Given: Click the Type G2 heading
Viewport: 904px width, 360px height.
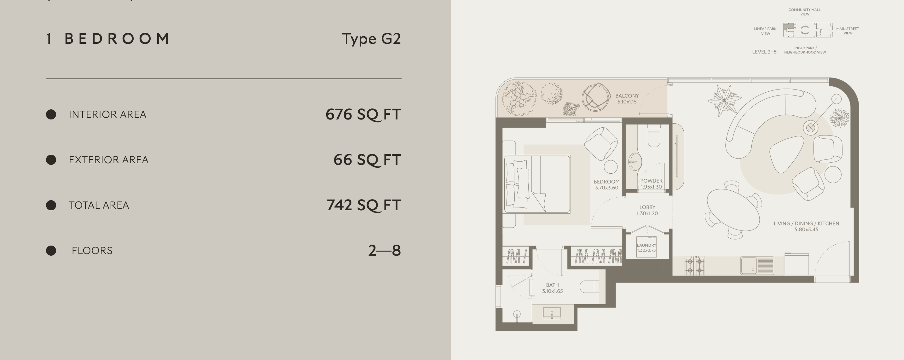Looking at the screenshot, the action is point(371,38).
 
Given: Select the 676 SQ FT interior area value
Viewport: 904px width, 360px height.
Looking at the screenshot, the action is point(363,114).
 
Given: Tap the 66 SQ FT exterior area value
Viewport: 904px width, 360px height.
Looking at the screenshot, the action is point(367,160).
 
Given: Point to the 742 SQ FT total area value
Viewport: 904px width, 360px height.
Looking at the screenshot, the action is point(363,205).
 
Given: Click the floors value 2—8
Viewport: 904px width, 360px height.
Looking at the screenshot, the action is point(384,251).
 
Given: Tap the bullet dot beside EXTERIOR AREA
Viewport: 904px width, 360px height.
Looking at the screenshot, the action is point(51,160).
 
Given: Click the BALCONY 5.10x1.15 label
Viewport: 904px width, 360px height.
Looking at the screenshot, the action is point(627,99).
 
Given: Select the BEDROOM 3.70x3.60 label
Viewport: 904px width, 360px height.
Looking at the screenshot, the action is point(606,184).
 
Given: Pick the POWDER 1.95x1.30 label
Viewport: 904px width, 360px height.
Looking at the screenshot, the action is point(651,184).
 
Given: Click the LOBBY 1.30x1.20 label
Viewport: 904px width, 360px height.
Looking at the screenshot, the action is point(647,210).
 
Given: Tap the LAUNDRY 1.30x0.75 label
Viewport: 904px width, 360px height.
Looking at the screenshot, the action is point(646,248).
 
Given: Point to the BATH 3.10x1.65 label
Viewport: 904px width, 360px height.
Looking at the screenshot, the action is point(552,288).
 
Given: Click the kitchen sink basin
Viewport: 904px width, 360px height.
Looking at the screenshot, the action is point(749,265).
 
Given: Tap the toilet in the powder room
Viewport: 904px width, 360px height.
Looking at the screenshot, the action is point(654,136).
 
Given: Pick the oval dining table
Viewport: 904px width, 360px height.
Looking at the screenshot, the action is point(733,210).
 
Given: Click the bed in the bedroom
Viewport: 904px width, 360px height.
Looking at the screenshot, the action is point(537,184).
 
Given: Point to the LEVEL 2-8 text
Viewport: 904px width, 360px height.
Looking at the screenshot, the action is point(764,52).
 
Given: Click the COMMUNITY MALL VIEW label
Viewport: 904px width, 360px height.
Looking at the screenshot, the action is point(804,12).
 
